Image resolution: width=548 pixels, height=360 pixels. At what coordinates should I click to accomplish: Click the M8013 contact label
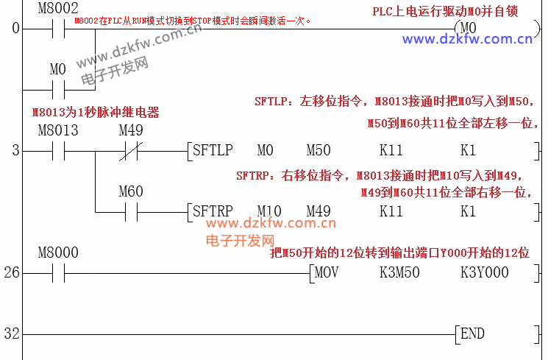pos(57,130)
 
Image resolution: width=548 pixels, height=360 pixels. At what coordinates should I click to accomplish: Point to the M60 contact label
pos(131,192)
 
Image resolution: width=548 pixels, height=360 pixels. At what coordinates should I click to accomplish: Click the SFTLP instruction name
pos(212,151)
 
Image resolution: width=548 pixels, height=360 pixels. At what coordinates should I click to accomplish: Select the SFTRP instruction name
pos(212,211)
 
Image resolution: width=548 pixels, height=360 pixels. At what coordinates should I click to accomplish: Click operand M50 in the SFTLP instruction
pos(319,151)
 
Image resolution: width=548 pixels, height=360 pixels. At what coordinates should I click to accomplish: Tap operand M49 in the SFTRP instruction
pos(319,211)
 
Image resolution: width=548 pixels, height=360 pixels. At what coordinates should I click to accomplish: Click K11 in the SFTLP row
pos(391,151)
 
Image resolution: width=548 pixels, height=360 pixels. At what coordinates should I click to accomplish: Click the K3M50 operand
pos(399,272)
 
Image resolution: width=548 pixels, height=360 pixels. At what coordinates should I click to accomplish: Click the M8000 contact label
pos(57,253)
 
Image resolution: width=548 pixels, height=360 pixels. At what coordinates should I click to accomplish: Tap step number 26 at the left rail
pos(11,273)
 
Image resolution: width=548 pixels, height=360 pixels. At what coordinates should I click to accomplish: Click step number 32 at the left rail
pos(11,333)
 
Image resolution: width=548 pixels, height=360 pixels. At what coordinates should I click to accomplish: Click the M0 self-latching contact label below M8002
pos(57,70)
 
